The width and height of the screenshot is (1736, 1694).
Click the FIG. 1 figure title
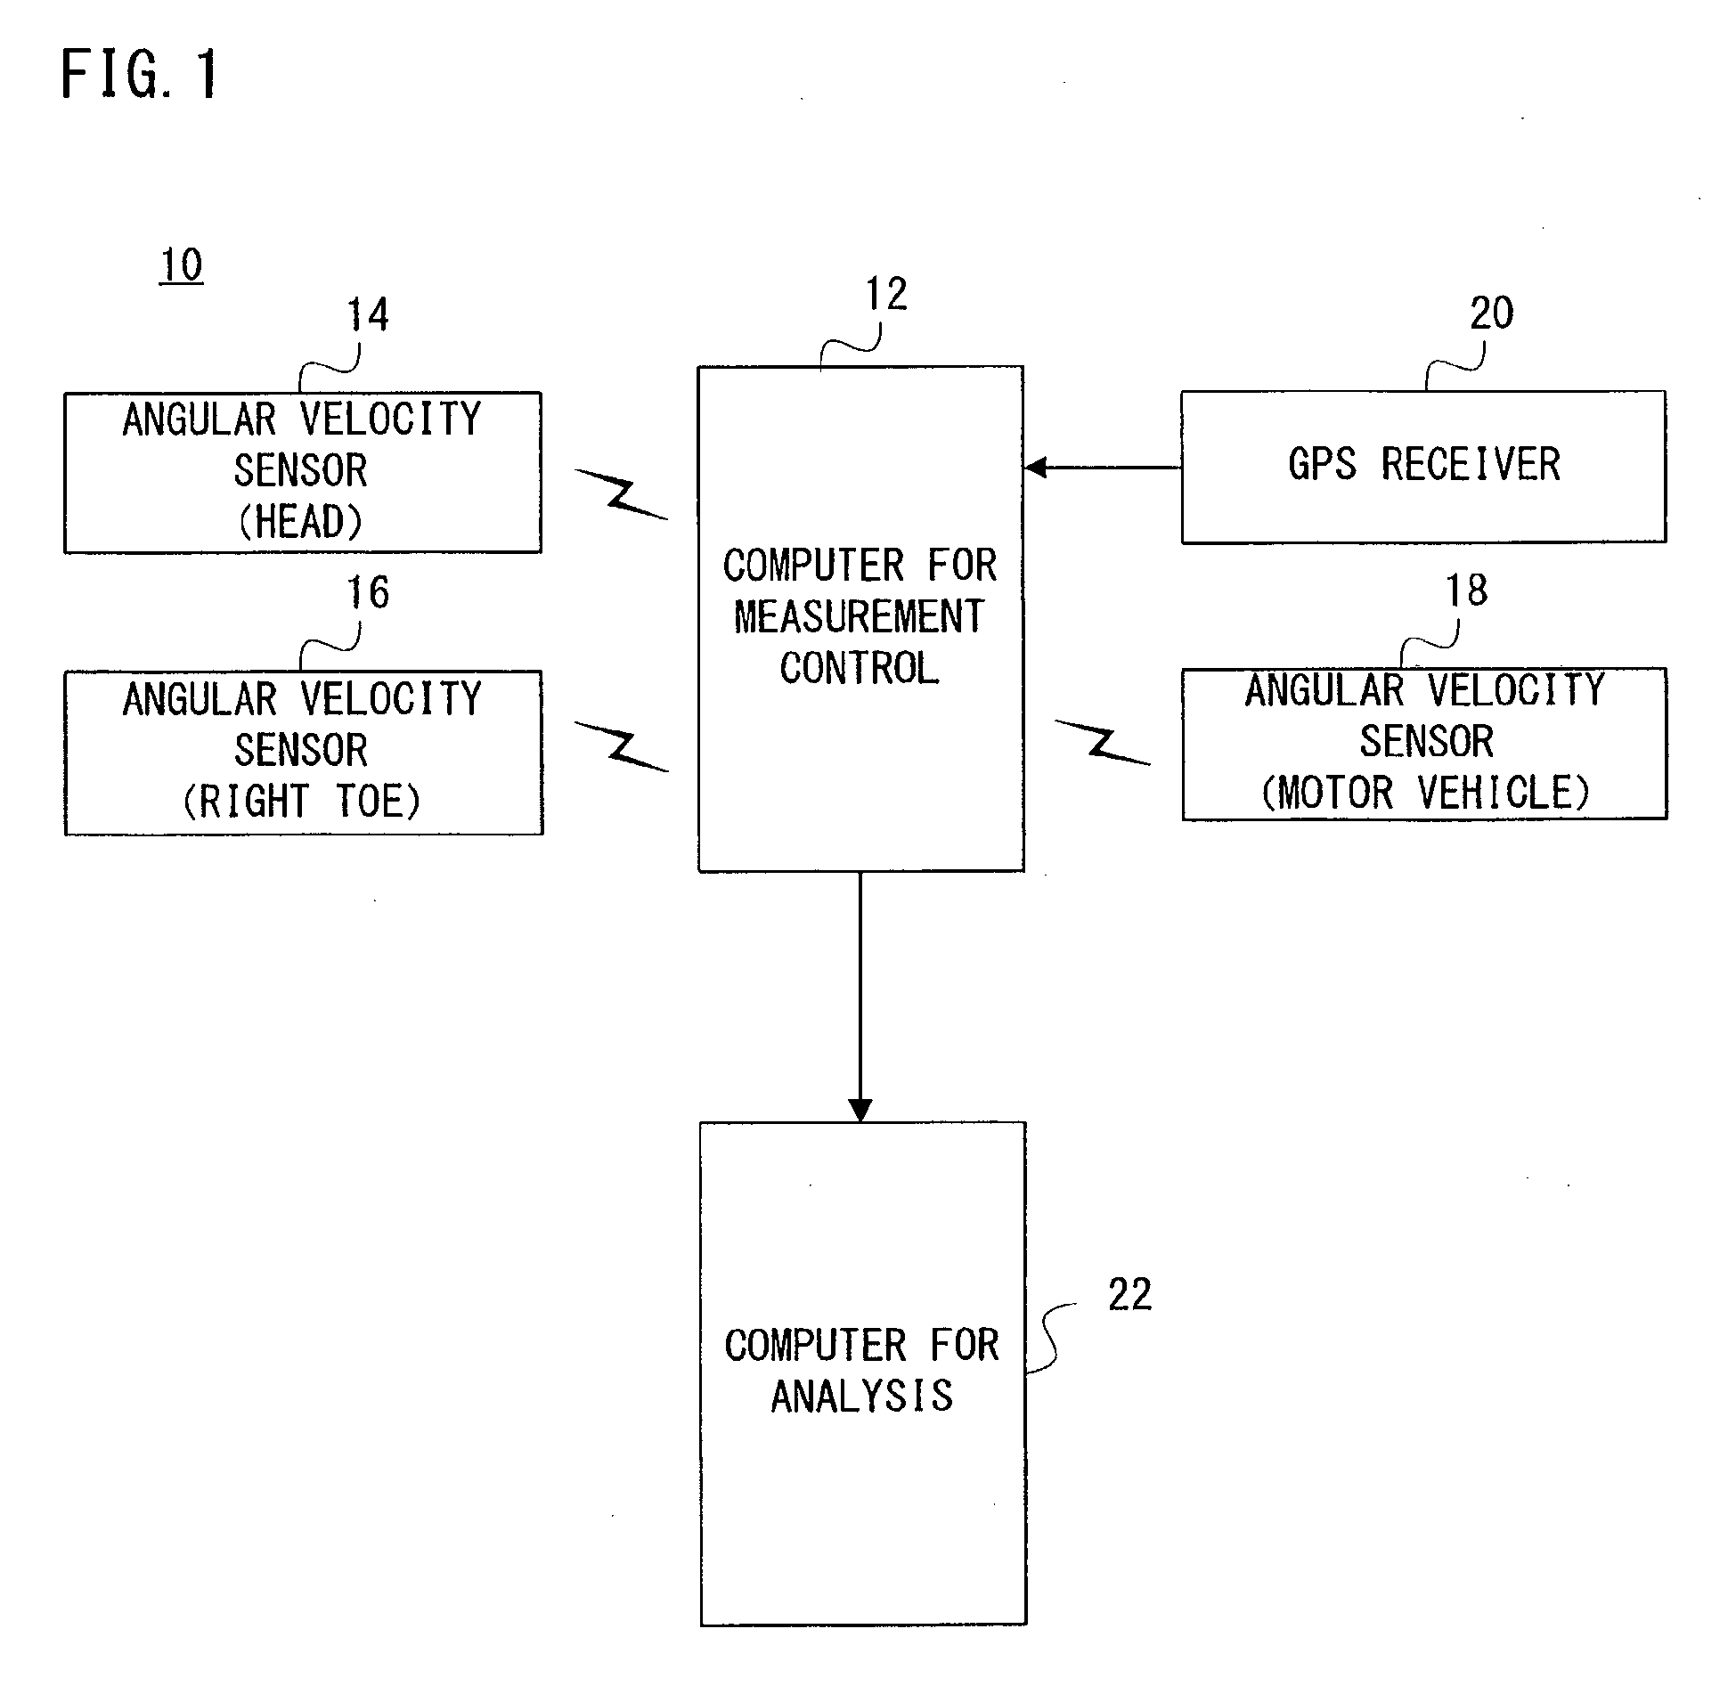tap(139, 74)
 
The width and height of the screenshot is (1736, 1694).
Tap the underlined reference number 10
tap(182, 265)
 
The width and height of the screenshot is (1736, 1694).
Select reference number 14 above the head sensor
tap(368, 315)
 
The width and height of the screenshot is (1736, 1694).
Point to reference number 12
tap(887, 294)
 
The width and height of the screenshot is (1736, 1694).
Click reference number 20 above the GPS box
tap(1491, 314)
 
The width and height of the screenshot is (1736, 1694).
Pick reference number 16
tap(368, 592)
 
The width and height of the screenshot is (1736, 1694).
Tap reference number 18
tap(1466, 590)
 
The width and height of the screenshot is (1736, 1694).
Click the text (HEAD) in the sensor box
tap(301, 522)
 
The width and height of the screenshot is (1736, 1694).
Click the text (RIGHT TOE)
tap(302, 801)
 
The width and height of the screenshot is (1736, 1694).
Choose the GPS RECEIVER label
tap(1424, 465)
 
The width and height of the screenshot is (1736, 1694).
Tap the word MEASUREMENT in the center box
tap(860, 617)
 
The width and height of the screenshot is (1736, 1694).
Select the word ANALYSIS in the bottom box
tap(862, 1397)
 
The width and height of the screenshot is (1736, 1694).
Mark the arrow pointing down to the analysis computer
tap(860, 997)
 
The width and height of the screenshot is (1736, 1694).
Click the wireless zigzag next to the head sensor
tap(622, 494)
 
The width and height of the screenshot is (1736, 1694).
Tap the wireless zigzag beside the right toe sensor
tap(622, 746)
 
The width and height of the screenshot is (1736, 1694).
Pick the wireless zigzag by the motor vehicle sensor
tap(1103, 742)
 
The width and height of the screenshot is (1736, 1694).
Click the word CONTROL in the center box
tap(860, 669)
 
